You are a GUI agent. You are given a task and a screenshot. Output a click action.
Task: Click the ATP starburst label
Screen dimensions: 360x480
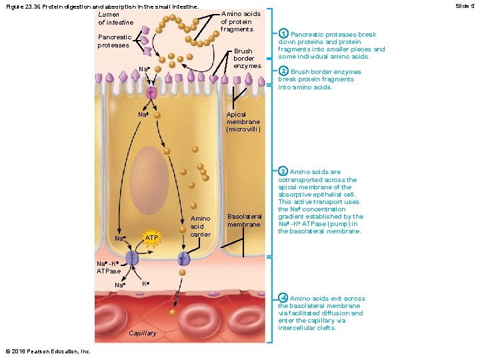(x=153, y=238)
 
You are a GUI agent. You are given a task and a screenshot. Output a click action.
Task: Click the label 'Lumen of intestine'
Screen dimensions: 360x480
(x=115, y=18)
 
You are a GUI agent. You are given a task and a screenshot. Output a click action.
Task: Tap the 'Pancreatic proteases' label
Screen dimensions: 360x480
(x=113, y=41)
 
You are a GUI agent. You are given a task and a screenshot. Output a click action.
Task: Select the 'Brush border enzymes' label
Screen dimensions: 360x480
(x=243, y=59)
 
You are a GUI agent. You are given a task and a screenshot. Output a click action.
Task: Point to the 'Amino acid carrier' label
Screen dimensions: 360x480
(x=201, y=226)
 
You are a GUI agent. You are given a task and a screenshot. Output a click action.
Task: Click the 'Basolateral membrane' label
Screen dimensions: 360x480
(x=244, y=220)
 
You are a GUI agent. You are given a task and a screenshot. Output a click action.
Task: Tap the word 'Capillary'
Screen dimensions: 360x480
(x=143, y=333)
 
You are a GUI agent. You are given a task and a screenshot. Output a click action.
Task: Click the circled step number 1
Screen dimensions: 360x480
(x=283, y=34)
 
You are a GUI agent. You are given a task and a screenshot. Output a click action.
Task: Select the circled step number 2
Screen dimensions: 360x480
(x=283, y=71)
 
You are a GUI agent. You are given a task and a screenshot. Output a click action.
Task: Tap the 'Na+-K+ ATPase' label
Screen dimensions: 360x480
(x=109, y=267)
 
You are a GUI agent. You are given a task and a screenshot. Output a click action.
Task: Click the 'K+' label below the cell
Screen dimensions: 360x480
(x=146, y=284)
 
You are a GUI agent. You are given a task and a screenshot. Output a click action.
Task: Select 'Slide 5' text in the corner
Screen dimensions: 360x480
(x=464, y=5)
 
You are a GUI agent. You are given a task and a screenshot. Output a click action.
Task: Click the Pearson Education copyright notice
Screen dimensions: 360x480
(x=47, y=351)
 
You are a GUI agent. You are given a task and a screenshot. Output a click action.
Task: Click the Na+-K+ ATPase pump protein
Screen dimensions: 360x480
(x=133, y=257)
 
